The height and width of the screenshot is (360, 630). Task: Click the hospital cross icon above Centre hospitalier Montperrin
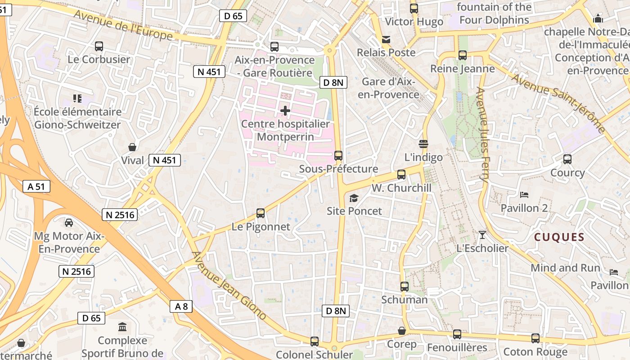coord(285,110)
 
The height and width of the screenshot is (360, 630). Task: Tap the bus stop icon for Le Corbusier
coord(99,46)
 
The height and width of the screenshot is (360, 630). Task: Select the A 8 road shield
coord(181,307)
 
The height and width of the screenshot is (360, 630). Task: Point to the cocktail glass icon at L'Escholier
coord(482,234)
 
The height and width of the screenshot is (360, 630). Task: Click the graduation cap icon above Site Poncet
coord(354,198)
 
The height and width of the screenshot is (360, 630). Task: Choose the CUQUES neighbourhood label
coord(559,237)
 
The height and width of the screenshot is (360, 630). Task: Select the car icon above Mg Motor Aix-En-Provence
coord(69,222)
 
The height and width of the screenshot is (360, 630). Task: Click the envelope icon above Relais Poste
coord(386,40)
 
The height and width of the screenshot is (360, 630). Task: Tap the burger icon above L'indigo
coord(423,144)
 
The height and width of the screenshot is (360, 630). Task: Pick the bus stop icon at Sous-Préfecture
coord(338,156)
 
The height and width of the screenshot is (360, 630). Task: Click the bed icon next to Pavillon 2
coord(524,195)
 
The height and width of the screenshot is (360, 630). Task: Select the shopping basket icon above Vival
coord(133,147)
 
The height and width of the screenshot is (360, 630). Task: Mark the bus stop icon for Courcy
coord(567,159)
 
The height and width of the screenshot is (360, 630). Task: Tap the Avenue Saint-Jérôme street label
coord(558,103)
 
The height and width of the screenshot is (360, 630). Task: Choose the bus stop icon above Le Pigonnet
coord(261,213)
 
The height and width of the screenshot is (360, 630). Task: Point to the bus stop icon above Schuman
coord(405,286)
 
